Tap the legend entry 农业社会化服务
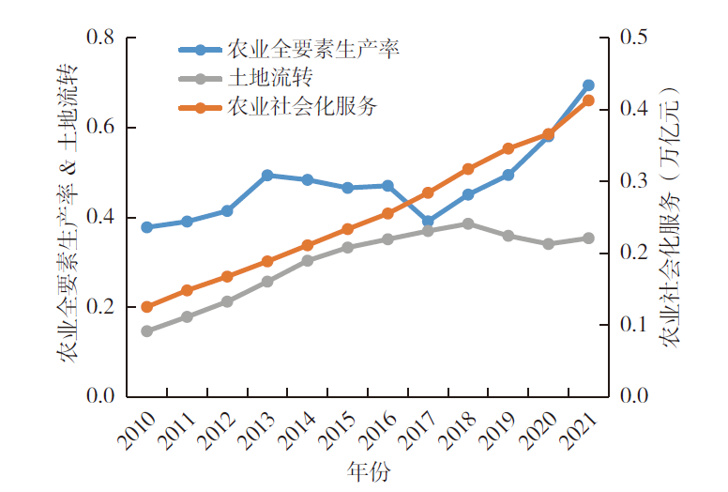pyautogui.click(x=301, y=106)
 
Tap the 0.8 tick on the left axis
pyautogui.click(x=99, y=38)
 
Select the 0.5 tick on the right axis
pyautogui.click(x=635, y=38)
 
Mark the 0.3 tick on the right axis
pyautogui.click(x=635, y=181)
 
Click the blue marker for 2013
pyautogui.click(x=267, y=176)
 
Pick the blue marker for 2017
pyautogui.click(x=428, y=223)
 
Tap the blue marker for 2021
pyautogui.click(x=588, y=85)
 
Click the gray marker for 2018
pyautogui.click(x=468, y=223)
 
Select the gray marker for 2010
pyautogui.click(x=146, y=331)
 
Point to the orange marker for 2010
pyautogui.click(x=146, y=307)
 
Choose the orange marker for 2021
pyautogui.click(x=588, y=100)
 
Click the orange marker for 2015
pyautogui.click(x=347, y=229)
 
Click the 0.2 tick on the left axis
pyautogui.click(x=99, y=307)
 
